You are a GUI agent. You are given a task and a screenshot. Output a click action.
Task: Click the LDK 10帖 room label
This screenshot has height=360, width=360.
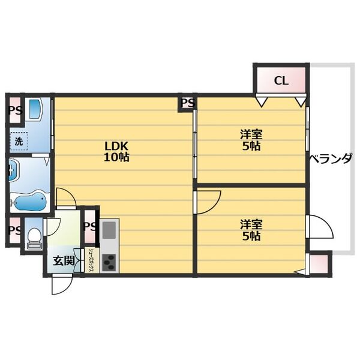tap(116, 151)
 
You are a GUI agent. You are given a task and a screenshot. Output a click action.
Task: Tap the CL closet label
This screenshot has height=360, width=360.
tap(281, 80)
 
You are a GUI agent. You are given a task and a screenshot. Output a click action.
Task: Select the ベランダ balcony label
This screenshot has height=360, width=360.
tap(331, 158)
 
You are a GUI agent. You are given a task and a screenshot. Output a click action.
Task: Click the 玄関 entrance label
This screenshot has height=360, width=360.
tap(64, 260)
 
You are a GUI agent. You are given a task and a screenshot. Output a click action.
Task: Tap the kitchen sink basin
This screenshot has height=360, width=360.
tap(109, 230)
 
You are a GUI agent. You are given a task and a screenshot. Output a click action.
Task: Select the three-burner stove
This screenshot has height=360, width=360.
tap(109, 262)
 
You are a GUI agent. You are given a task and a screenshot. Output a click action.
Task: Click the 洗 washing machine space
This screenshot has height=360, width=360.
tap(19, 141)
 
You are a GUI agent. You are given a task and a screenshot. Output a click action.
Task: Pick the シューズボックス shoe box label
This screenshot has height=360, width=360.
tap(91, 260)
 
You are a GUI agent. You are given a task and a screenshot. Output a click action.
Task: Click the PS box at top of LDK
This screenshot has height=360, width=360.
tap(188, 103)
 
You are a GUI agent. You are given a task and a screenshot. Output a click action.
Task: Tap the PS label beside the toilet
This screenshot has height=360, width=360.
tap(14, 230)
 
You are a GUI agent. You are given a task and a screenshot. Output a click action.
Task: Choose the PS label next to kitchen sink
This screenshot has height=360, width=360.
tap(90, 227)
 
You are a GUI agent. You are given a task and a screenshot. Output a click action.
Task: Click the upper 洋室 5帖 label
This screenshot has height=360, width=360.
tap(251, 140)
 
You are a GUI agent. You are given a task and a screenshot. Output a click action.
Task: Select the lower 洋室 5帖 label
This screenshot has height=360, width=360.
tap(251, 230)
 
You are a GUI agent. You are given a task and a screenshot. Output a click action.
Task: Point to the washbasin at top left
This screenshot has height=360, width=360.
tap(34, 107)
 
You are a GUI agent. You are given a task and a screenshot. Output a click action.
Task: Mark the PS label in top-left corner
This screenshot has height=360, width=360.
tap(15, 111)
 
